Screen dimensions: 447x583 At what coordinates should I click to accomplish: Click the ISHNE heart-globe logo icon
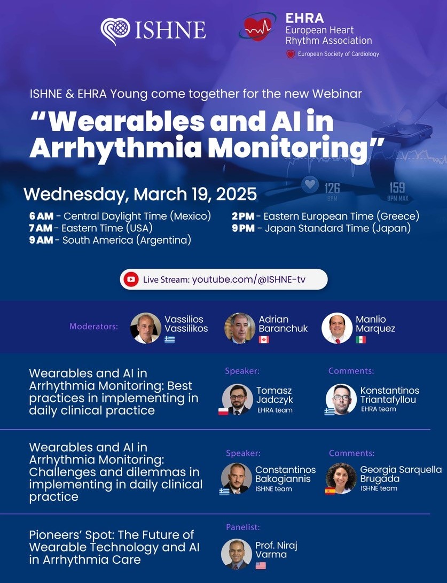pyautogui.click(x=115, y=31)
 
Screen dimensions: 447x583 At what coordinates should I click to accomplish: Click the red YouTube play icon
pyautogui.click(x=131, y=279)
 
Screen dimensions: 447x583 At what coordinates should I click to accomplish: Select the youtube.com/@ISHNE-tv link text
pyautogui.click(x=248, y=279)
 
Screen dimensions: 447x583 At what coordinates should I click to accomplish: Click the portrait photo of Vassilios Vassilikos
pyautogui.click(x=146, y=328)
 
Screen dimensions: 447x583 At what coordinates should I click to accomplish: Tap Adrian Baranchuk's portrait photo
pyautogui.click(x=240, y=328)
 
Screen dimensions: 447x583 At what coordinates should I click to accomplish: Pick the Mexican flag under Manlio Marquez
pyautogui.click(x=361, y=339)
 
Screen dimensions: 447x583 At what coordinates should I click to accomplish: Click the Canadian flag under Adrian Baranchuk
pyautogui.click(x=264, y=339)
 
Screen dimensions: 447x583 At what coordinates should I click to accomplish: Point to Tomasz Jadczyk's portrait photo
pyautogui.click(x=238, y=399)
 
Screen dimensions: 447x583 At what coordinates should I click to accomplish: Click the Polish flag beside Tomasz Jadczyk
pyautogui.click(x=223, y=411)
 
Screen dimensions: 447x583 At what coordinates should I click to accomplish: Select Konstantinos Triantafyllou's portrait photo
pyautogui.click(x=341, y=399)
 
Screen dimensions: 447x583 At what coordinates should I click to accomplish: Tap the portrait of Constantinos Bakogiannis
pyautogui.click(x=237, y=478)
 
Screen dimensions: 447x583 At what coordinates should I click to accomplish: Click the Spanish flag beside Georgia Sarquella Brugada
pyautogui.click(x=330, y=491)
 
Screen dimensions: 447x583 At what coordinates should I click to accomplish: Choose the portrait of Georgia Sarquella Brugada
pyautogui.click(x=341, y=478)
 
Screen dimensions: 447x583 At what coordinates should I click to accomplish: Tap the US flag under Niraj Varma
pyautogui.click(x=261, y=565)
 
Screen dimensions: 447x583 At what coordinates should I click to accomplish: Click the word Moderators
pyautogui.click(x=93, y=327)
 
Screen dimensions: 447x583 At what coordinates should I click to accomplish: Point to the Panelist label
pyautogui.click(x=243, y=527)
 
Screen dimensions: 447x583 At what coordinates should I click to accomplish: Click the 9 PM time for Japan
pyautogui.click(x=244, y=228)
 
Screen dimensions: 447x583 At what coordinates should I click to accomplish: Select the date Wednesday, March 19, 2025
pyautogui.click(x=140, y=195)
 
